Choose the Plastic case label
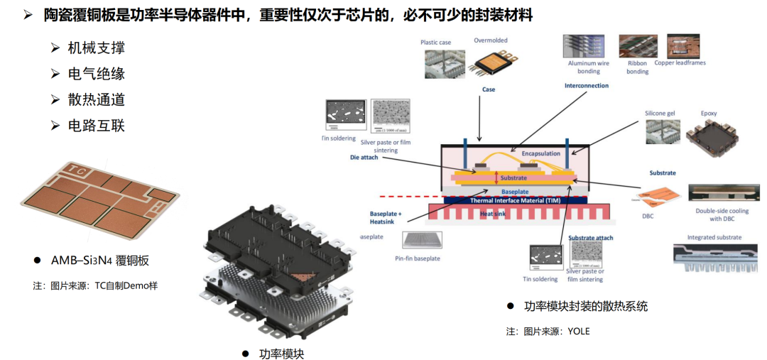tap(435, 43)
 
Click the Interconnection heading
tap(586, 86)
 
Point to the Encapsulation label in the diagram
tap(540, 153)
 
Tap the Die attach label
tap(364, 157)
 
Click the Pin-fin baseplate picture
tap(423, 241)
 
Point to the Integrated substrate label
tap(714, 237)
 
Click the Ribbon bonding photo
tap(637, 45)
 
